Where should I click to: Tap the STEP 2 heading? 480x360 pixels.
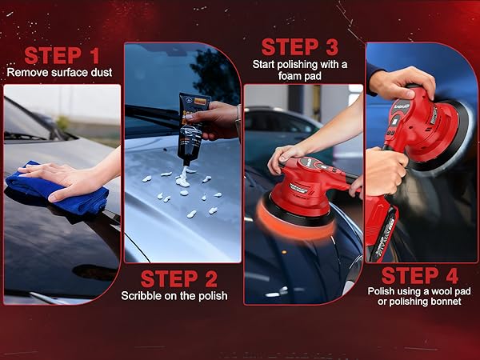tap(179, 279)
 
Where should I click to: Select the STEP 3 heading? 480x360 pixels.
tap(299, 46)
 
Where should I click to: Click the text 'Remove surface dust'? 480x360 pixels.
tap(60, 72)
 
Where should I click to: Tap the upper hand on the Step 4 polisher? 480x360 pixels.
tap(404, 82)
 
